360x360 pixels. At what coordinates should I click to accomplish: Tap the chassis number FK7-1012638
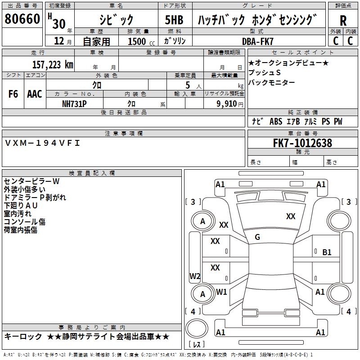pos(302,143)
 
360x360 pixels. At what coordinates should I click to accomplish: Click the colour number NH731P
pos(74,103)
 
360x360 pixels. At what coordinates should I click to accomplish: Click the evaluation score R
pos(343,21)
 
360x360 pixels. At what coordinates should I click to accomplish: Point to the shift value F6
pos(13,94)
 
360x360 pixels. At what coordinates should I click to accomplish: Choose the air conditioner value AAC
pos(35,94)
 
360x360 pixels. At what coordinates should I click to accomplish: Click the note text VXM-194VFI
pos(42,143)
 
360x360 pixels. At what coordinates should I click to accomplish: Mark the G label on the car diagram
pos(257,237)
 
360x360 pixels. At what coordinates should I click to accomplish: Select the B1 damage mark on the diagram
pos(327,252)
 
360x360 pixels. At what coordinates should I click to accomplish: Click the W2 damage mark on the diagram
pos(195,276)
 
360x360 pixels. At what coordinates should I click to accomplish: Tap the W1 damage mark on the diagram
pos(221,292)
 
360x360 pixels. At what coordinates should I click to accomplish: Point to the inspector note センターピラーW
pos(31,181)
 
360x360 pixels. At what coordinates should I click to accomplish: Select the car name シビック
pos(116,20)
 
